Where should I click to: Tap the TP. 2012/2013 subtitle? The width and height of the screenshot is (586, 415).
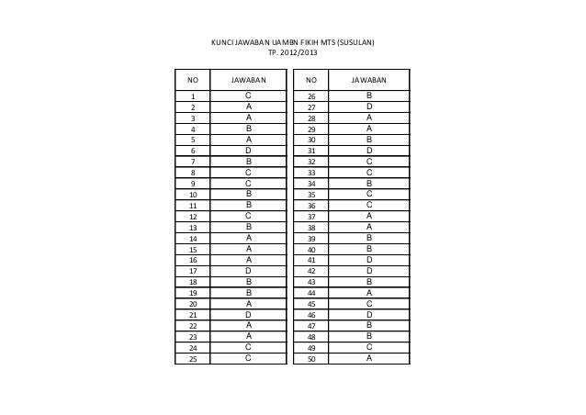point(293,54)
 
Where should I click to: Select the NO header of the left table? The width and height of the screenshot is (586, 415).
point(194,81)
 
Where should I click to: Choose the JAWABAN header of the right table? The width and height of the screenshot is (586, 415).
point(368,81)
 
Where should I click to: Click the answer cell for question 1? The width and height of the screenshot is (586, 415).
point(248,95)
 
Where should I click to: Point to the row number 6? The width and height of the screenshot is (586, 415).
point(194,150)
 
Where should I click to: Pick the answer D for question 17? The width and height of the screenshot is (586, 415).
point(248,271)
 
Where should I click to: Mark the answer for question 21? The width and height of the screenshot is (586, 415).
point(248,315)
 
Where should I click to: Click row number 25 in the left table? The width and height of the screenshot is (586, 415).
point(194,359)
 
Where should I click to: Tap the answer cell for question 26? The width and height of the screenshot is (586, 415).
point(368,95)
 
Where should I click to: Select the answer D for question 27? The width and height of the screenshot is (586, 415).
point(368,107)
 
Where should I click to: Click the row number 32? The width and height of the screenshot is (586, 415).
point(311,161)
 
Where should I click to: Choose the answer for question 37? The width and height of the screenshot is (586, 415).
point(368,216)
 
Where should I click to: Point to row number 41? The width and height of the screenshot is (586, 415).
point(311,260)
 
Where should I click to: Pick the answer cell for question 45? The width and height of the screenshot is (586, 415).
point(368,304)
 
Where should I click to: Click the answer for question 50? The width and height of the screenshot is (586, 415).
point(368,359)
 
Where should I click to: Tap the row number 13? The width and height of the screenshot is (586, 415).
point(194,227)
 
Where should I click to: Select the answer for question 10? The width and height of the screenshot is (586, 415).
point(248,194)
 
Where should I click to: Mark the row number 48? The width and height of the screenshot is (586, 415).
point(311,337)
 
